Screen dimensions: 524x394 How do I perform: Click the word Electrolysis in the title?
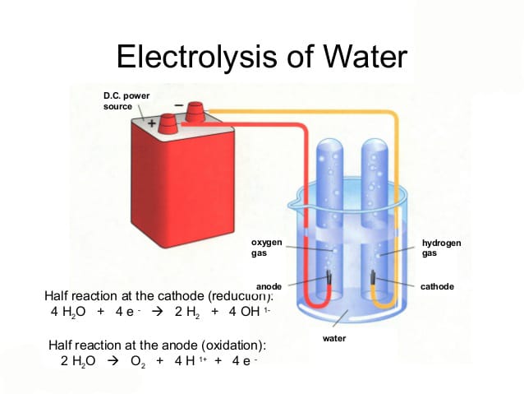[x=197, y=56]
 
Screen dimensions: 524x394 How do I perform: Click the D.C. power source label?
[x=126, y=101]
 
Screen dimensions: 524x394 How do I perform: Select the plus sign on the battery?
[x=152, y=123]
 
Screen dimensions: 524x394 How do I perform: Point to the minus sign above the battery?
[x=179, y=105]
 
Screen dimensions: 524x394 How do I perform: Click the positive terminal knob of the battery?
[x=168, y=123]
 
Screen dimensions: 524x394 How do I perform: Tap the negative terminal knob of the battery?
[x=195, y=112]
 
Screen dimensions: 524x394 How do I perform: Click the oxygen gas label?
[x=266, y=248]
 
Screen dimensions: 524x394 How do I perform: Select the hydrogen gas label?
[x=441, y=248]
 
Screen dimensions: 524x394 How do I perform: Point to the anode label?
[x=269, y=286]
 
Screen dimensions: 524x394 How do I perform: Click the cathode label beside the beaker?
[x=437, y=286]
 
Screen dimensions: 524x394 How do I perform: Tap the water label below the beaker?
[x=334, y=338]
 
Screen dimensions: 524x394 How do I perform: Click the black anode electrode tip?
[x=329, y=278]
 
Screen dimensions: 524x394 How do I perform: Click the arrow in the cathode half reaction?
[x=157, y=312]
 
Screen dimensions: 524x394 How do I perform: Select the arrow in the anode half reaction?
[x=113, y=361]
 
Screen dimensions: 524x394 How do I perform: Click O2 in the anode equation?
[x=138, y=362]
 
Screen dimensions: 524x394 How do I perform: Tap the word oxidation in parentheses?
[x=232, y=345]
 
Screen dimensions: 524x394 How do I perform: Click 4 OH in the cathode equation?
[x=244, y=312]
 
